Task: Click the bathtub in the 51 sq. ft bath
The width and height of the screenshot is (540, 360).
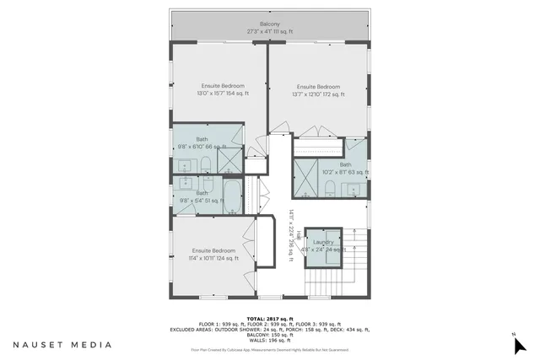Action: [231, 196]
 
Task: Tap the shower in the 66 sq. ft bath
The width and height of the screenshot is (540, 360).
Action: [229, 159]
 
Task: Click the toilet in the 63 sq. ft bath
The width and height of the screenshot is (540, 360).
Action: [332, 186]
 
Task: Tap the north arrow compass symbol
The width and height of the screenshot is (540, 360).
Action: [518, 343]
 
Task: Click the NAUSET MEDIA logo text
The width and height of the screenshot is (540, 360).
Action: [61, 345]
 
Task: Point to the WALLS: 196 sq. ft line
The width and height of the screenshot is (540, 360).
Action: [269, 341]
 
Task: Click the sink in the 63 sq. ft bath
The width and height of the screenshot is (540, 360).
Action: [356, 187]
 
